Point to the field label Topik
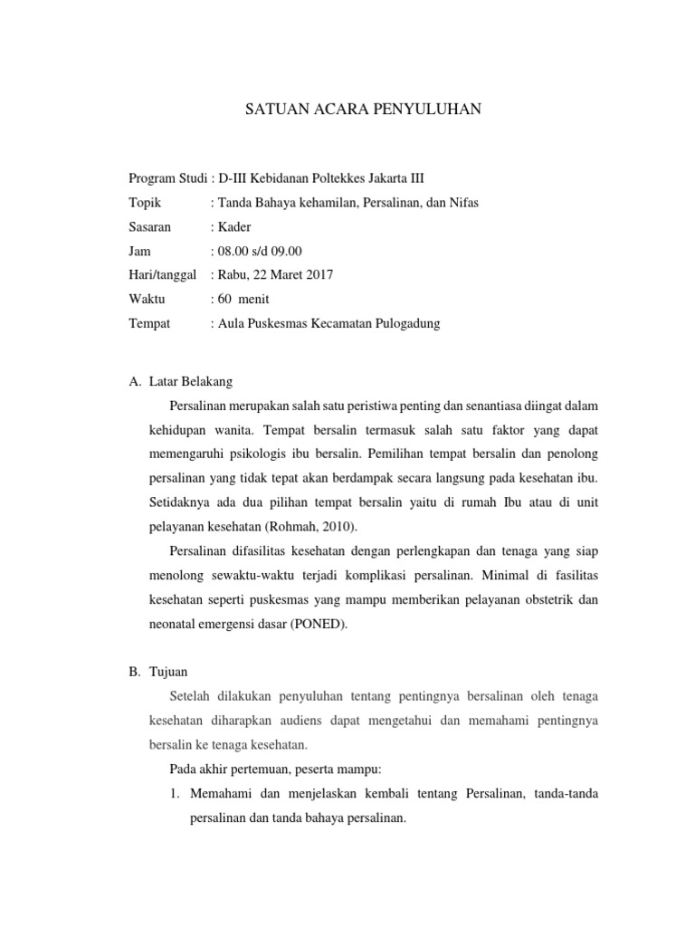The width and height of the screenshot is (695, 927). pyautogui.click(x=145, y=203)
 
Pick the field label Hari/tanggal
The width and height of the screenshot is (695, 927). pyautogui.click(x=163, y=275)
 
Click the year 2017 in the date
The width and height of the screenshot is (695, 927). pyautogui.click(x=319, y=275)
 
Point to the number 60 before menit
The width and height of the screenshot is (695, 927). pyautogui.click(x=224, y=300)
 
